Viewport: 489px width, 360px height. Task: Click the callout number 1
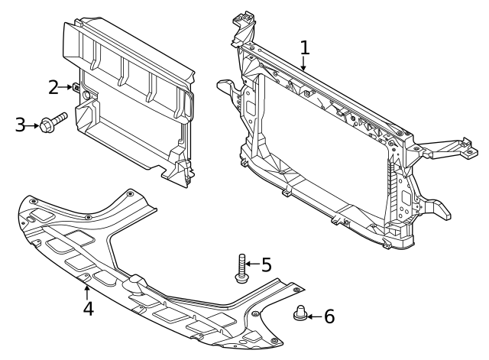point(305,47)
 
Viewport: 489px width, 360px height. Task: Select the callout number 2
point(53,87)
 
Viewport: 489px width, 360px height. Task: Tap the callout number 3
point(21,124)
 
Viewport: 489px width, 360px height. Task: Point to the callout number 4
point(89,309)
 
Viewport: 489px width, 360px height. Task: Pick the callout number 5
point(266,264)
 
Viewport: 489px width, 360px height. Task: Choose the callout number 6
point(329,316)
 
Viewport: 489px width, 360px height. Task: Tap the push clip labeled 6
point(300,313)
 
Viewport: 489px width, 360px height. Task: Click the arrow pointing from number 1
point(304,64)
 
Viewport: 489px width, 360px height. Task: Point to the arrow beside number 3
point(35,124)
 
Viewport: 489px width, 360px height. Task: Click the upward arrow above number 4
point(88,290)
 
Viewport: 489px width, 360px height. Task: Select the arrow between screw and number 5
point(252,264)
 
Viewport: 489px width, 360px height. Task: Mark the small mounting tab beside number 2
point(77,87)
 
